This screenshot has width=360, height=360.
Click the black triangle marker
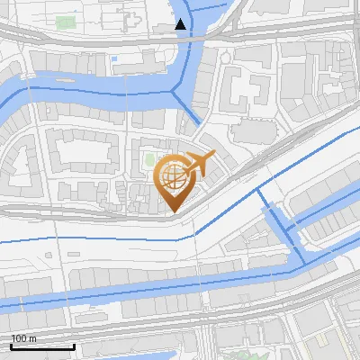181,24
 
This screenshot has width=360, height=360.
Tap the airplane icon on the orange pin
200,164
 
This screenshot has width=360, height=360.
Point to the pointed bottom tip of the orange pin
171,211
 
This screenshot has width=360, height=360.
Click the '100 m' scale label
23,338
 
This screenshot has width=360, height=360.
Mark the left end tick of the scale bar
11,345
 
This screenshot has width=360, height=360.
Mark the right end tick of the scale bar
75,345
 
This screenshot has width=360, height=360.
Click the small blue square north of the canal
114,59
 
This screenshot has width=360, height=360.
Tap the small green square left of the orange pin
149,161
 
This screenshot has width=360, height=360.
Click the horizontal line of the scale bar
42,346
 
